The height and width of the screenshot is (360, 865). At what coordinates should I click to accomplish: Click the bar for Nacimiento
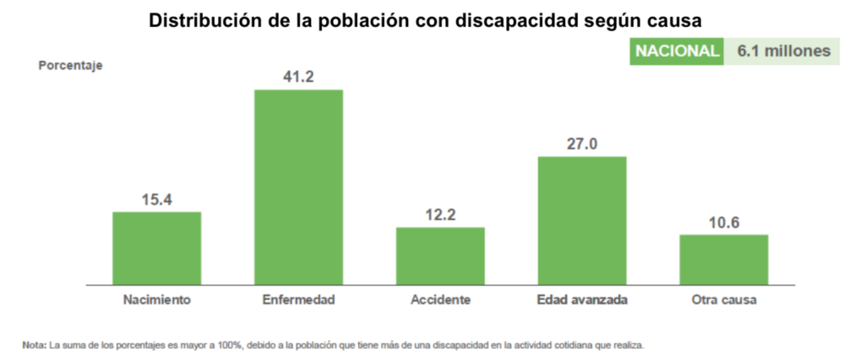click(x=156, y=248)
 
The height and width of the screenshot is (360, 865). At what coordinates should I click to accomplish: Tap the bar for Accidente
click(x=440, y=256)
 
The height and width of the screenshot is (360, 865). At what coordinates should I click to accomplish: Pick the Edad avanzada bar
click(x=582, y=221)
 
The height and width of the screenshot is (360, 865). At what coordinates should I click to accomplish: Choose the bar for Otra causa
click(x=724, y=259)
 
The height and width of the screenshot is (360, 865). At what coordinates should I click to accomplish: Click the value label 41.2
click(x=298, y=77)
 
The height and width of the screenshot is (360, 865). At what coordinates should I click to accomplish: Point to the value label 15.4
click(x=156, y=199)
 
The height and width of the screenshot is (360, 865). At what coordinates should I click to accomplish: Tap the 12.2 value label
click(x=440, y=215)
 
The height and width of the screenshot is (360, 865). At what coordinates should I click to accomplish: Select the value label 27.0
click(x=582, y=144)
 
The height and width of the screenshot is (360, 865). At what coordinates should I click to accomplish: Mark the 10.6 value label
click(x=724, y=222)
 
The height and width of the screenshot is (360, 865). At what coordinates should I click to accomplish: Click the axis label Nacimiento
click(x=156, y=300)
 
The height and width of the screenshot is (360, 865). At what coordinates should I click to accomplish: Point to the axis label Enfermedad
click(x=298, y=300)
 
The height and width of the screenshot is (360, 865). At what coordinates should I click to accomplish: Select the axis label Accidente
click(x=440, y=300)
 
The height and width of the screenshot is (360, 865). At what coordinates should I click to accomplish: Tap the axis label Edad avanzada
click(x=582, y=300)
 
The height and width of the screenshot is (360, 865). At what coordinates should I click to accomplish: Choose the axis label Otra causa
click(x=724, y=300)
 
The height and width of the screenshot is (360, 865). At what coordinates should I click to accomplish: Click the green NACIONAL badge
click(x=677, y=52)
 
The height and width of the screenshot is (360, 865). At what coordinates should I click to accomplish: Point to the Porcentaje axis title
click(x=71, y=65)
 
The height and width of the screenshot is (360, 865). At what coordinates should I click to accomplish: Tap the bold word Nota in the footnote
click(x=35, y=345)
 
